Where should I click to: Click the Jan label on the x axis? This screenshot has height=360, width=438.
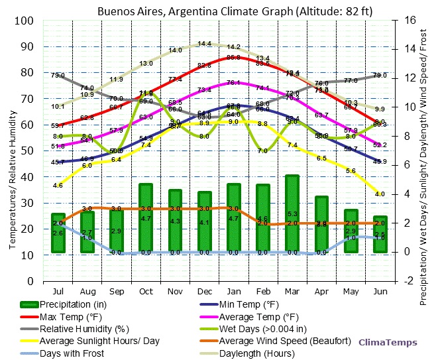(x=233, y=291)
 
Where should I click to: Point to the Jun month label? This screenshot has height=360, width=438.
(x=380, y=291)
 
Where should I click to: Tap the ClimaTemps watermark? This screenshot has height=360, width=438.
(x=388, y=342)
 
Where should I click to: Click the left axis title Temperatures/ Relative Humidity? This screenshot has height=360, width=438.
(x=12, y=151)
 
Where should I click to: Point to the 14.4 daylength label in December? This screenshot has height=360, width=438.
(x=205, y=44)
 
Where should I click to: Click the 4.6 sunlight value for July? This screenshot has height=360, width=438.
(x=58, y=186)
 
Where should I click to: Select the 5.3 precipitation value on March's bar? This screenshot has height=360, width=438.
(x=292, y=214)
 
